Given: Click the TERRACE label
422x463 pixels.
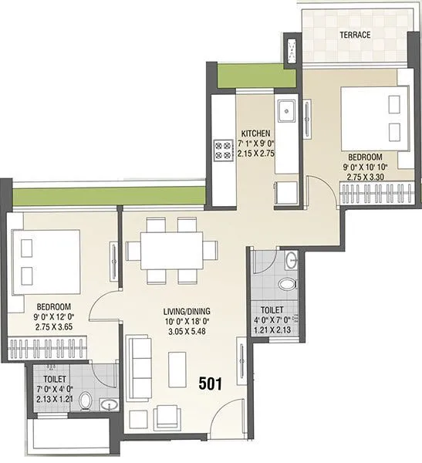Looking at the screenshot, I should click(356, 35).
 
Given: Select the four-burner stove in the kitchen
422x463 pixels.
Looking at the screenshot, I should click(224, 149).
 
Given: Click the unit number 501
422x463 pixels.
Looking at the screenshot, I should click(212, 383).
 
